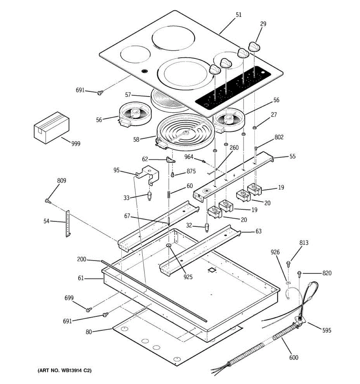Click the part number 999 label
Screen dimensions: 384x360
pos(76,144)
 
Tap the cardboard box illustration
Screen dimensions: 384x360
pos(52,127)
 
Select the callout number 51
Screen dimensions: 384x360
pos(239,15)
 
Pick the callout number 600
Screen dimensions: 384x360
pos(293,357)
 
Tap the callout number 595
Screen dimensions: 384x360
pos(326,330)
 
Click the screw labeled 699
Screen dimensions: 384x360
pos(89,309)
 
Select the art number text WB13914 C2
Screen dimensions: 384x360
pos(65,371)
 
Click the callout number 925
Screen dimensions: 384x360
pos(188,277)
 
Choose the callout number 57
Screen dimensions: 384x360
pos(128,95)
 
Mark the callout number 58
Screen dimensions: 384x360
pos(136,139)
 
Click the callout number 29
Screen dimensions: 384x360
pos(263,24)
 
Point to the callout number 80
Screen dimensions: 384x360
pos(89,332)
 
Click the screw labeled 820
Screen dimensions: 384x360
pos(300,273)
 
